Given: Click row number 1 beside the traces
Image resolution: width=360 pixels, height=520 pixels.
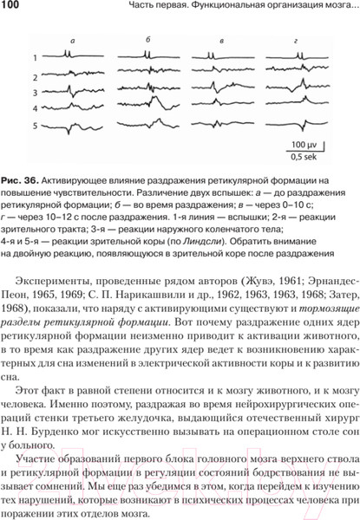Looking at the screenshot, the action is (x=35, y=58).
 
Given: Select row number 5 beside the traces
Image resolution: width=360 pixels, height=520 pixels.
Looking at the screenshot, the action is (x=35, y=125).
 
